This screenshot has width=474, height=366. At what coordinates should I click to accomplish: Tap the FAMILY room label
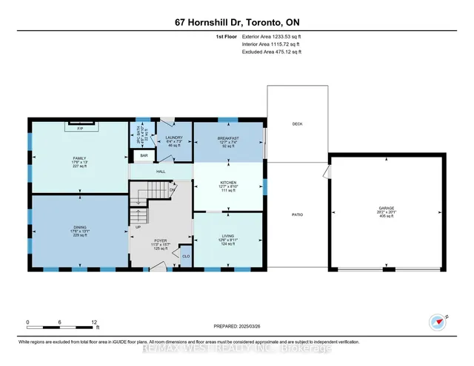79,158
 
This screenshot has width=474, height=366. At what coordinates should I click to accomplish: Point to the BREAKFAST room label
227,138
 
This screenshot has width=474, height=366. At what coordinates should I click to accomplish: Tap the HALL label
160,171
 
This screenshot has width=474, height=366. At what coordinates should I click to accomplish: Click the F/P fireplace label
81,128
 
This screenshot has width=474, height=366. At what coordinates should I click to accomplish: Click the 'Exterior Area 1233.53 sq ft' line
271,35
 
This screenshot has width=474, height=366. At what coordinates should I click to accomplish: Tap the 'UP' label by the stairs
137,227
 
